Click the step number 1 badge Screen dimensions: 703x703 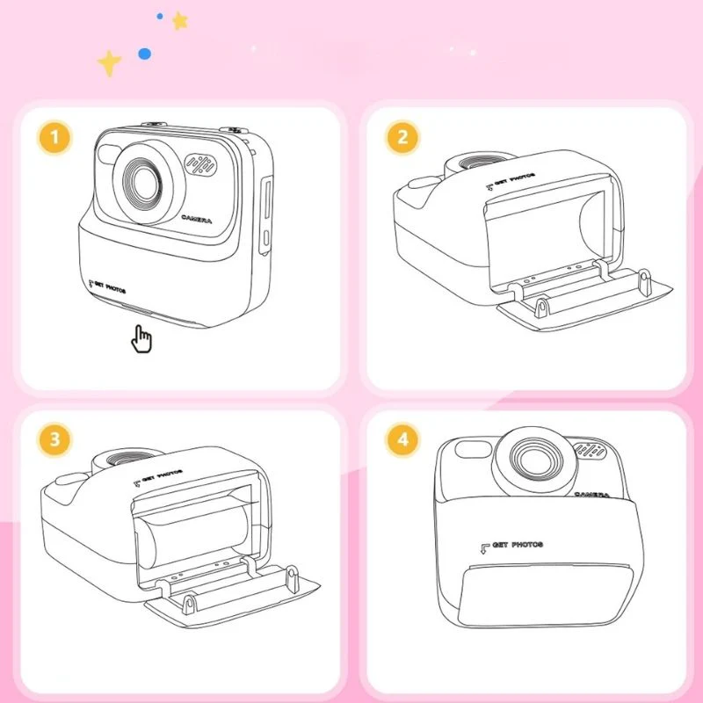(x=55, y=138)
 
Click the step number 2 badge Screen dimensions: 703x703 (x=402, y=138)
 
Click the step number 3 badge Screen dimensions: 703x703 (x=55, y=440)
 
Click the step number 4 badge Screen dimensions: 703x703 (x=402, y=440)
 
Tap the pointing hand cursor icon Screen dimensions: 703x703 (x=141, y=337)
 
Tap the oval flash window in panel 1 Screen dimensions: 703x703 (x=109, y=156)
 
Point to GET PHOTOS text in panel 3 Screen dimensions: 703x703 (x=157, y=475)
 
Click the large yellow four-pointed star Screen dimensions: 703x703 (x=109, y=62)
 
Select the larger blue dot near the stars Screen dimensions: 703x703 (x=143, y=54)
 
